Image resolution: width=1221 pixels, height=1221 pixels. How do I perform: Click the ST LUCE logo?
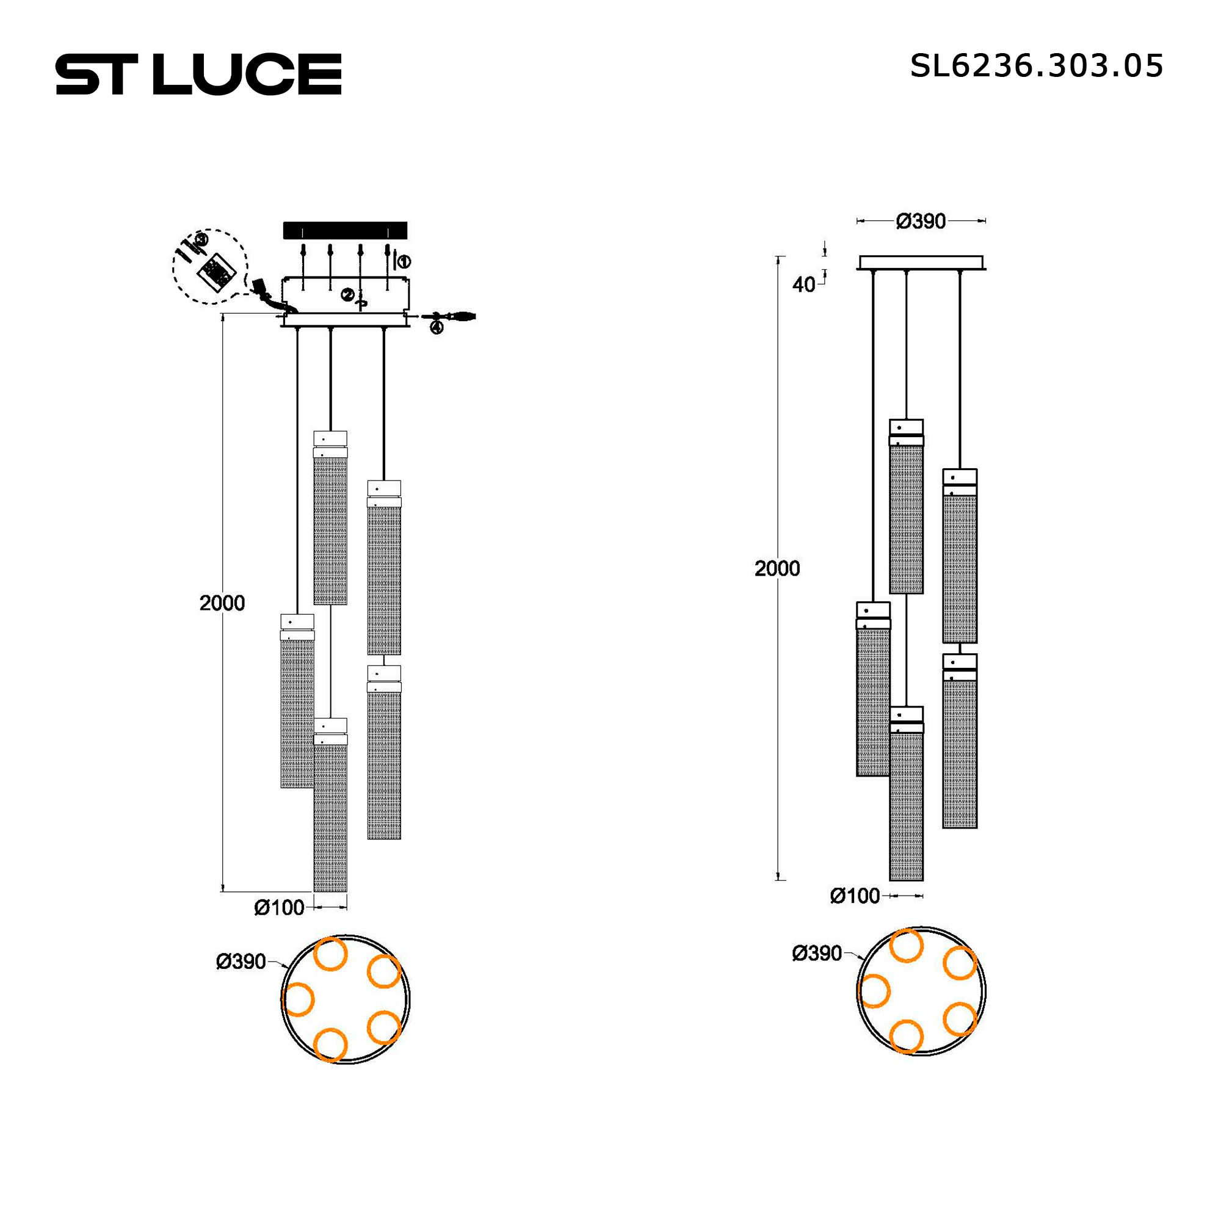pos(198,74)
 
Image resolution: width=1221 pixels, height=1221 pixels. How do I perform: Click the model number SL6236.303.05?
pos(1037,66)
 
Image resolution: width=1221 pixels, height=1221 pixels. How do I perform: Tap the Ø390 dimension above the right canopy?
pos(921,221)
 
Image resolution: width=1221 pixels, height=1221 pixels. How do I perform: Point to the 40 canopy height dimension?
pos(803,285)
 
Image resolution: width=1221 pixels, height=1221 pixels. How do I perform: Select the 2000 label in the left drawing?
pos(222,603)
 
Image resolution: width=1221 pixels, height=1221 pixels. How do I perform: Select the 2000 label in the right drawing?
pos(777,568)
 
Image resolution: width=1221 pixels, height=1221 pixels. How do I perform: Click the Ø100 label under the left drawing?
pos(280,908)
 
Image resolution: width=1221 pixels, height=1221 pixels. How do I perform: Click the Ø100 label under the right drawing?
pos(855,896)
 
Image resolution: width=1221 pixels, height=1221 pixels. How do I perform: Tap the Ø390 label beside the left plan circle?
pos(241,962)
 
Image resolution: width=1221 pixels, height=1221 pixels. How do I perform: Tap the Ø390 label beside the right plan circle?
pos(816,953)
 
